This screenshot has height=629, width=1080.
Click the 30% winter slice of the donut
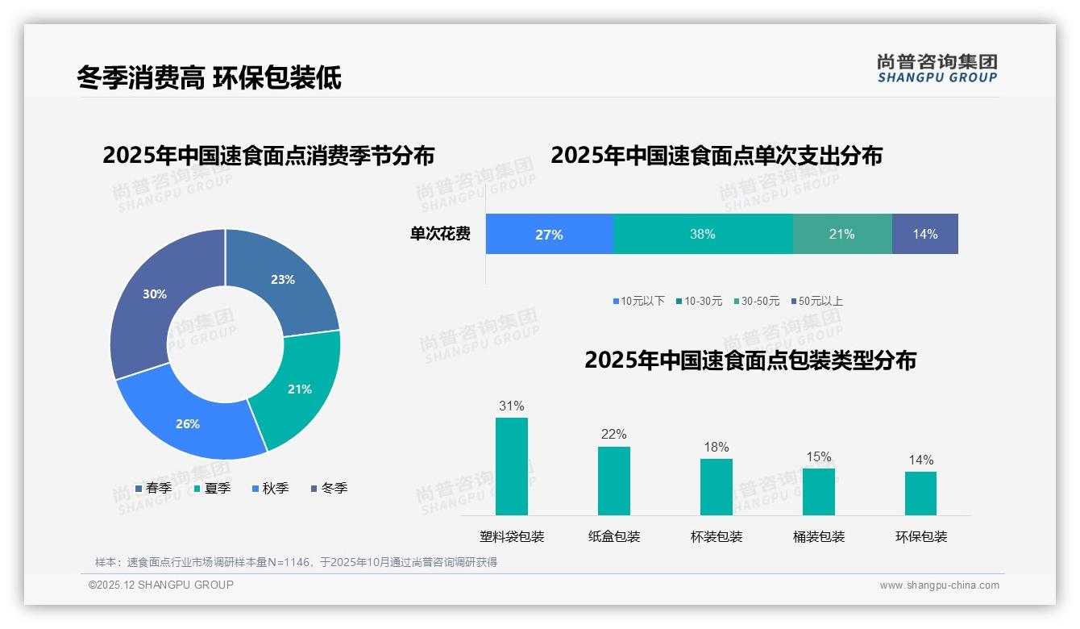coord(149,298)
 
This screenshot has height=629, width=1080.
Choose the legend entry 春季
coord(153,488)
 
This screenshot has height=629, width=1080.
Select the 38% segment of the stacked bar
coord(703,234)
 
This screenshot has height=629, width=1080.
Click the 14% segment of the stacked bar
coord(924,234)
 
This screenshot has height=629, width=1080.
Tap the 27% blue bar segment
coord(549,234)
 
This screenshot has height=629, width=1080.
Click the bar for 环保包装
coord(920,493)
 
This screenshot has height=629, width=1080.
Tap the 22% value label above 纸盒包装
coord(613,434)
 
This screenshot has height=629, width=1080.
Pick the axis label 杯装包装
coord(717,536)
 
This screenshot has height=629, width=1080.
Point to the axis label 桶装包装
coord(819,536)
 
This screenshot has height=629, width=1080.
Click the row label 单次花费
coord(440,234)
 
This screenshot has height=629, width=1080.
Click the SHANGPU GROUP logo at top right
coord(937,69)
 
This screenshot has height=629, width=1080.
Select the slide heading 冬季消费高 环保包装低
coord(209,77)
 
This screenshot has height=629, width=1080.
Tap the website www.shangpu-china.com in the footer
coord(939,585)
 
